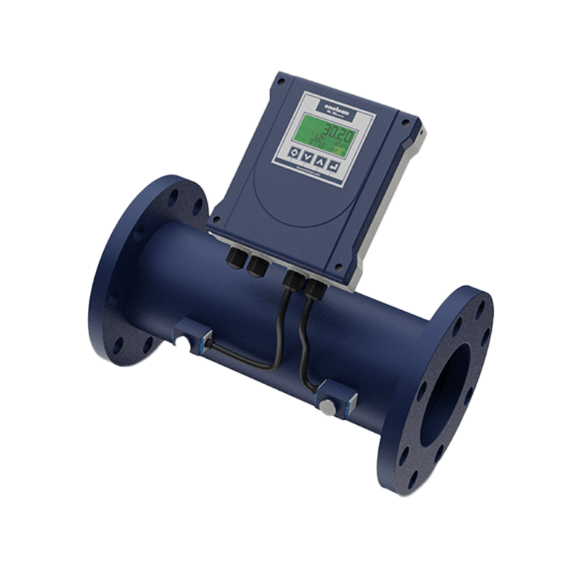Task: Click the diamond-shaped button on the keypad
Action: coord(296,152)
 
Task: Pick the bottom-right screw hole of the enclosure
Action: coord(338,268)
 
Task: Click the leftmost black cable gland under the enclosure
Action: coord(237,258)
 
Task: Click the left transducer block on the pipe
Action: coord(192,338)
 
